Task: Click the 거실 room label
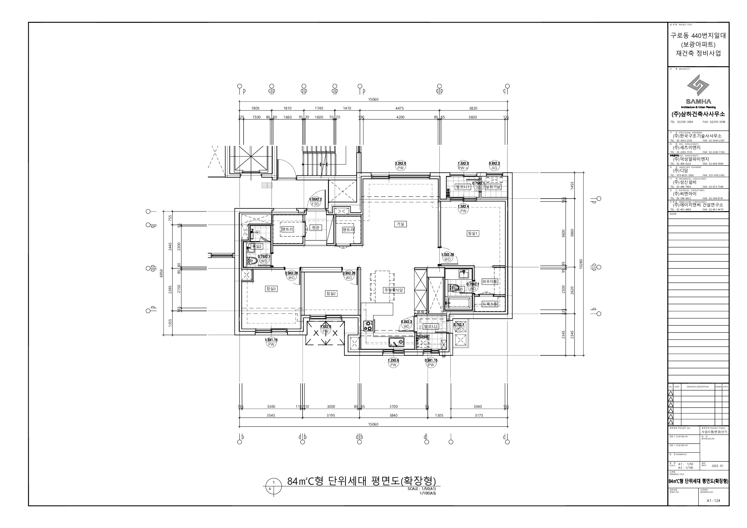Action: pos(400,224)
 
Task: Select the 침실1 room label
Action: pos(473,233)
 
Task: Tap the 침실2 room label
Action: pos(331,294)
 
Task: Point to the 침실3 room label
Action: pos(271,289)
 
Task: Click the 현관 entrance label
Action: pos(315,227)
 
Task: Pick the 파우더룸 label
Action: pos(490,281)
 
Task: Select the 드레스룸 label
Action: pos(489,304)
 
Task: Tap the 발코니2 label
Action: pos(430,326)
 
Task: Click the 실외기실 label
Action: pos(493,187)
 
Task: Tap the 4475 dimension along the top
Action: pos(400,108)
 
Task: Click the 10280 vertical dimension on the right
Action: pos(581,264)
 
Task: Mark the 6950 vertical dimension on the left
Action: pos(161,273)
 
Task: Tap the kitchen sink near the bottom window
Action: pos(396,342)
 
